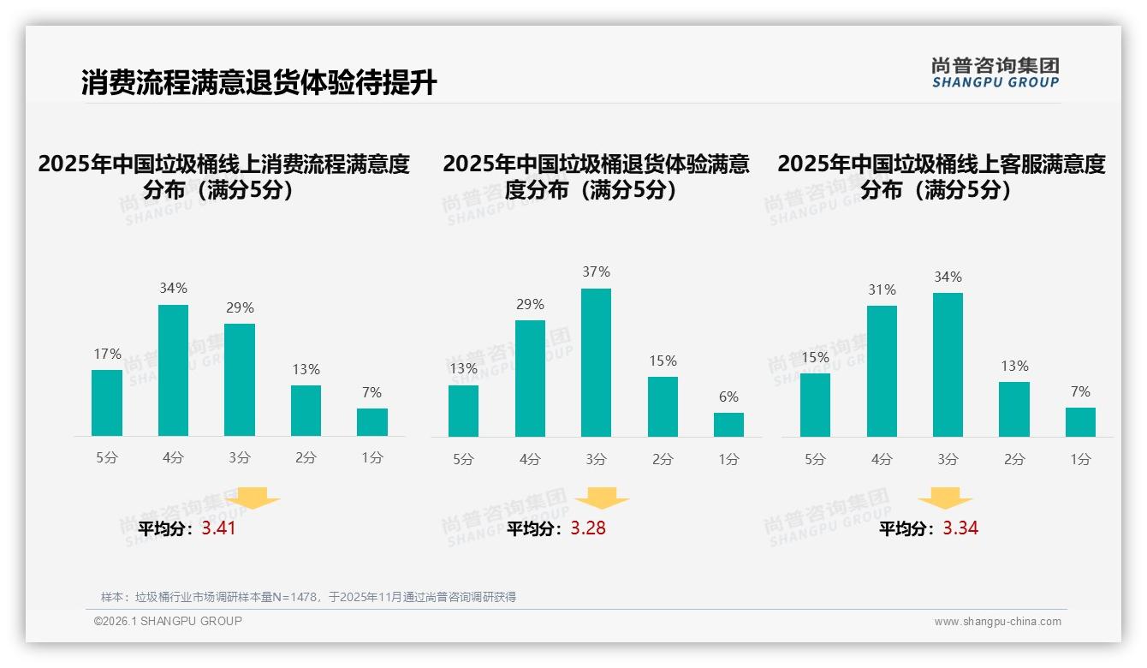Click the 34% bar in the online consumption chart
[173, 370]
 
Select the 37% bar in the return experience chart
[596, 362]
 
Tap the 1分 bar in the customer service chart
[1080, 422]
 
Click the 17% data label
[107, 355]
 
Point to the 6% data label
[728, 397]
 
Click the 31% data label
[882, 290]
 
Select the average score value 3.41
[218, 528]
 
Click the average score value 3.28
[588, 528]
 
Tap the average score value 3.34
[960, 528]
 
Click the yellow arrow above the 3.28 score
[602, 498]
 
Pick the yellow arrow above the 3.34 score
[945, 498]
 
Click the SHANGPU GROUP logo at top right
[995, 73]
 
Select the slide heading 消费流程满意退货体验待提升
[259, 83]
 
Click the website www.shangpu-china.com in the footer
[997, 622]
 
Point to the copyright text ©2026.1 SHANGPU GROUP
[168, 621]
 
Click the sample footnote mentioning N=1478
[308, 597]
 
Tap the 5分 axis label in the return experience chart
[463, 459]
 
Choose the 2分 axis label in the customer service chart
[1014, 459]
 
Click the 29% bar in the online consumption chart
[240, 379]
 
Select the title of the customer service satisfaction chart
[941, 176]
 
